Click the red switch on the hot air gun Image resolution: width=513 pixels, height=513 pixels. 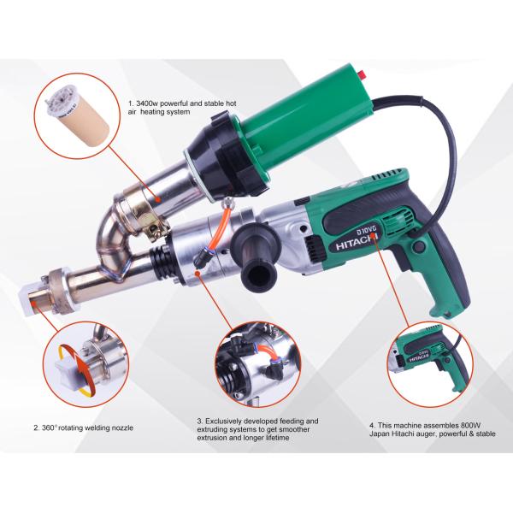(x=361, y=74)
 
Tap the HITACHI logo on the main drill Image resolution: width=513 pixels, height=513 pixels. (x=357, y=241)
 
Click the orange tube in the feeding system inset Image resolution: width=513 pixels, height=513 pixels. (x=266, y=353)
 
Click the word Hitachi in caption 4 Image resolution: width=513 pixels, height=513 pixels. (x=402, y=433)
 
